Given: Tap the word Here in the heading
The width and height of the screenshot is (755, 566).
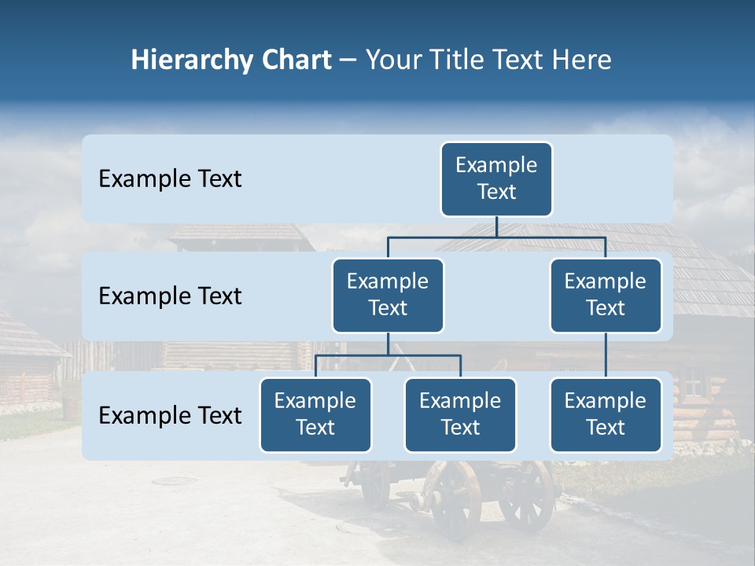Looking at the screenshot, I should tap(582, 61).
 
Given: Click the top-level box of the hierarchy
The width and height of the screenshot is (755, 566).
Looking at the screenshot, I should tap(496, 178).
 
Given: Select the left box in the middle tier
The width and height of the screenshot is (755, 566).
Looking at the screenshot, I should tap(388, 295).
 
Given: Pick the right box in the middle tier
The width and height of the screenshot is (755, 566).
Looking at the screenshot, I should tap(606, 295).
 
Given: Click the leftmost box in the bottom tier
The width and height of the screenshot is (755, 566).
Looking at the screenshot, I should tap(315, 414).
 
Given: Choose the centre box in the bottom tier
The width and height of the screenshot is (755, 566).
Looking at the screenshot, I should tap(460, 414).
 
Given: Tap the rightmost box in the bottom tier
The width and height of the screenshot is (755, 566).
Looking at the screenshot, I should tap(606, 414).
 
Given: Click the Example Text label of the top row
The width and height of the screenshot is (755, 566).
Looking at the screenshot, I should tap(170, 179).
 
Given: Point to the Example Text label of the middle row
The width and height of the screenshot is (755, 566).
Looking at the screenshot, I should tap(170, 296).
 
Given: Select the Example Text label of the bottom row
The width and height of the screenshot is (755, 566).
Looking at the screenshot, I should tap(170, 416).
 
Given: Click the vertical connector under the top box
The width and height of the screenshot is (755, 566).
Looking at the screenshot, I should tap(496, 226).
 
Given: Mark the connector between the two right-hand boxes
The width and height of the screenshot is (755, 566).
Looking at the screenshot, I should tap(606, 355).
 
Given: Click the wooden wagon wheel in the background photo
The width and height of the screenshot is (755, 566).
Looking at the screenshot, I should tap(456, 499).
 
